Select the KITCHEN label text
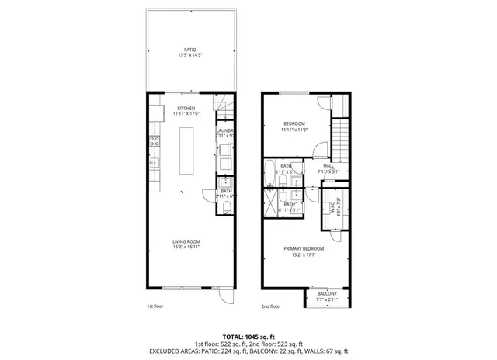point(186,108)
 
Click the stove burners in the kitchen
point(154,141)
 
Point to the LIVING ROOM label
point(186,241)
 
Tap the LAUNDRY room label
point(225,130)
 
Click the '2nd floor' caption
point(269,306)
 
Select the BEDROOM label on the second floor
point(294,123)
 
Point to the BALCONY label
point(327,292)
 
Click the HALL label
point(328,165)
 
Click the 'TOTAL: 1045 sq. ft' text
point(248,337)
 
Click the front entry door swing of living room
point(225,296)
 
